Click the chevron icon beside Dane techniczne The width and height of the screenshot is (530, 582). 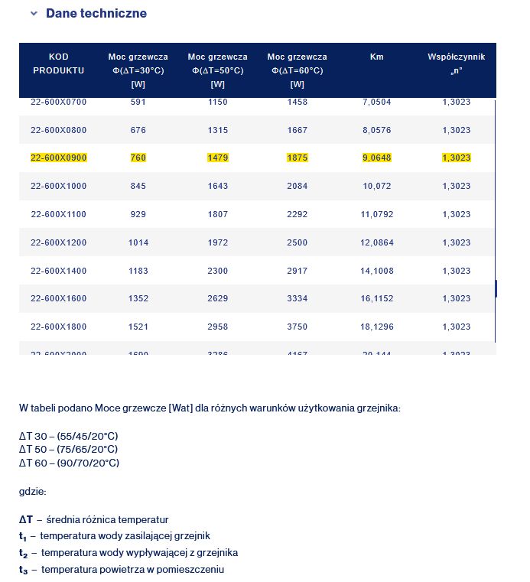(x=34, y=14)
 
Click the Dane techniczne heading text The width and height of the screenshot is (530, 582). (x=96, y=14)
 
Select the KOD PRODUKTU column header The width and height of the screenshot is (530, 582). (x=59, y=63)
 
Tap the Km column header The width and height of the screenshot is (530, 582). (x=376, y=57)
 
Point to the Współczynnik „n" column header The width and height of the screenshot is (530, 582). (x=456, y=63)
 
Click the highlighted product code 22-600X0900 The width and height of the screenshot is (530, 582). (x=59, y=158)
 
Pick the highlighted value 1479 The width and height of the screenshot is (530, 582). (x=218, y=158)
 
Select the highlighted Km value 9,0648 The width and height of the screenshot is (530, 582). (x=376, y=158)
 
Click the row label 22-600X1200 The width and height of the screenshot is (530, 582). (x=59, y=242)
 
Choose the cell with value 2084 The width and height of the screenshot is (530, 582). (x=298, y=186)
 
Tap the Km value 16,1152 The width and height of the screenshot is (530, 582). (x=376, y=299)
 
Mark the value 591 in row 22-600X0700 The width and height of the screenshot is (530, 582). (x=138, y=102)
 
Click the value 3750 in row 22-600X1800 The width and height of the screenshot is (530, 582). (x=298, y=327)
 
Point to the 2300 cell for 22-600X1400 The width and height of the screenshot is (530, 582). (x=218, y=271)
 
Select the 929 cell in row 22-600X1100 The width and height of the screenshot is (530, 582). (x=138, y=214)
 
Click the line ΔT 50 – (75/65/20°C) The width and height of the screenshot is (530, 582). (x=69, y=449)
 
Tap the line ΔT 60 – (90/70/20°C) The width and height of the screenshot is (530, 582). (x=69, y=463)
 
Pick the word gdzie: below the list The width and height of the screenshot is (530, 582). (x=33, y=491)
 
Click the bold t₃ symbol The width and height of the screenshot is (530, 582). (x=23, y=570)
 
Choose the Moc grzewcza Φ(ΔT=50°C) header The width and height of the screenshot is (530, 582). (x=218, y=70)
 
